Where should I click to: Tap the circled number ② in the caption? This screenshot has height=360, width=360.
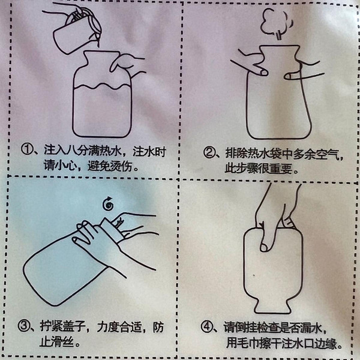click(x=209, y=152)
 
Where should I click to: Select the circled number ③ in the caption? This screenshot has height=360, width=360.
click(x=23, y=326)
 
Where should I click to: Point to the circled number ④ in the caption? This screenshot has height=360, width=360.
click(x=206, y=327)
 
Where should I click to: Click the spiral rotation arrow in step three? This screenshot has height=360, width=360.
click(x=108, y=204)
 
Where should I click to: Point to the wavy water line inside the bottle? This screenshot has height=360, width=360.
click(x=102, y=86)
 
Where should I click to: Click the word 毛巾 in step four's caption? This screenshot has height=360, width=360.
click(x=247, y=343)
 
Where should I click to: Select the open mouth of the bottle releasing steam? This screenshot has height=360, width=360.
click(x=280, y=46)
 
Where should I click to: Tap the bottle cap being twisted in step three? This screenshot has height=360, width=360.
click(x=113, y=230)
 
